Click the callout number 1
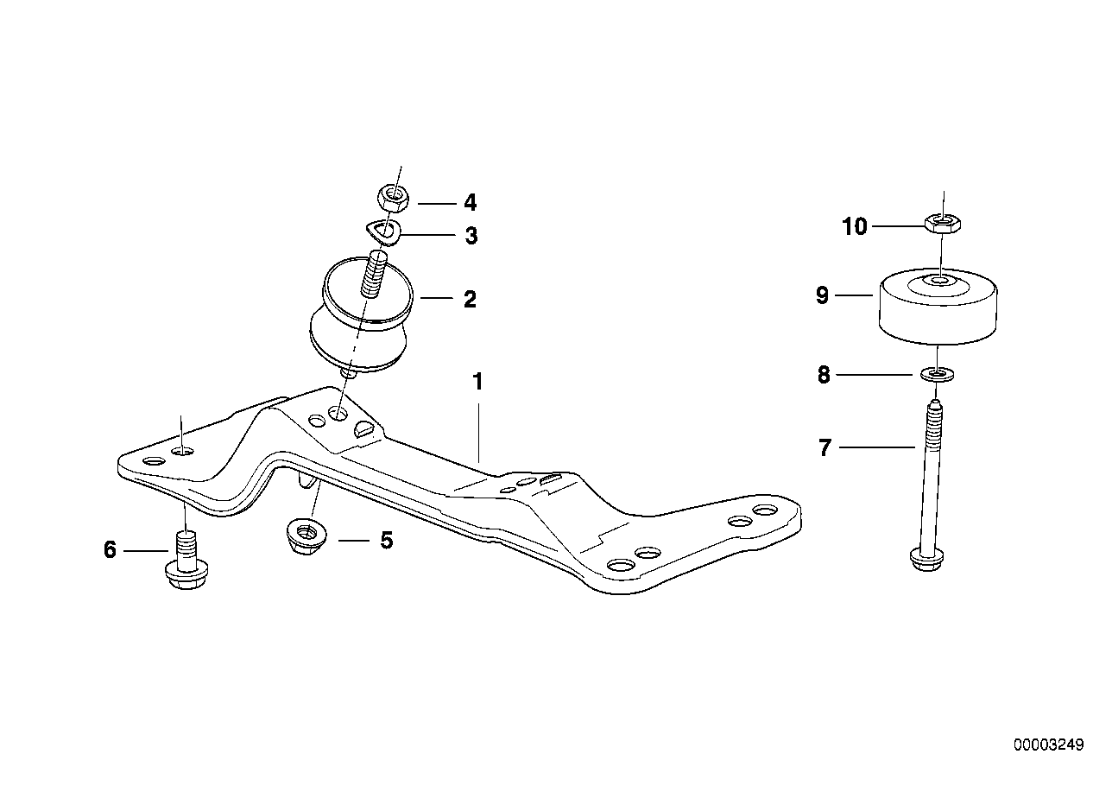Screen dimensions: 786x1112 tap(477, 381)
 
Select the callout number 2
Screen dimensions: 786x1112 tap(470, 300)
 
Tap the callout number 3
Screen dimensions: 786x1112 tap(471, 236)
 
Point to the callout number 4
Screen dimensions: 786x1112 tap(470, 203)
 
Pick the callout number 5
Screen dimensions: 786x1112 tap(386, 541)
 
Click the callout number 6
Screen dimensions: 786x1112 tap(110, 549)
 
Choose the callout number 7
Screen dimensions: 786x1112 tap(825, 448)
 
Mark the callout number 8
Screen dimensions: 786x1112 tap(824, 376)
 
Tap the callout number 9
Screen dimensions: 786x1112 tap(822, 295)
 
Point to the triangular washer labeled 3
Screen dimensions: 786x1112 tap(381, 231)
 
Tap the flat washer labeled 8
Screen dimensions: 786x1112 tap(936, 374)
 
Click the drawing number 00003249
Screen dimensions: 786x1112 tap(1047, 745)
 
